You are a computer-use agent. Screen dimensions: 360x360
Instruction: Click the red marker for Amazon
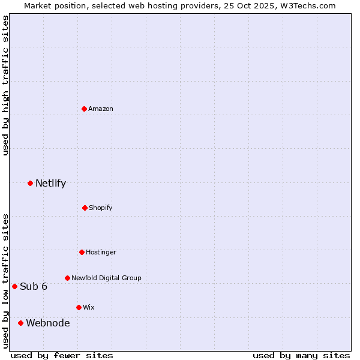85,109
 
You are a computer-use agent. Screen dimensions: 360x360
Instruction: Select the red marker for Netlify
31,183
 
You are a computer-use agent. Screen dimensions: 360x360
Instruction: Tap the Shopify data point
85,208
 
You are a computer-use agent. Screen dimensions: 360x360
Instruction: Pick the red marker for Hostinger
82,252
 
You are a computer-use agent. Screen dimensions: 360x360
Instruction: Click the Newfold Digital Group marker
67,278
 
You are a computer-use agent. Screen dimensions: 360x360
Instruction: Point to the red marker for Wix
79,307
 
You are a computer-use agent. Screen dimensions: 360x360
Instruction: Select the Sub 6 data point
14,286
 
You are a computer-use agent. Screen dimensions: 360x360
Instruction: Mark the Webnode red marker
21,323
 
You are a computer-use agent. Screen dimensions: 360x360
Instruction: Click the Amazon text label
101,109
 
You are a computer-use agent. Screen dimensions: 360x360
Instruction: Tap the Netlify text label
50,183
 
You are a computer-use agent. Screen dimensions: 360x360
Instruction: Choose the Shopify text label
101,208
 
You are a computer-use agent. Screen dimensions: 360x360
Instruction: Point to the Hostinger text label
101,252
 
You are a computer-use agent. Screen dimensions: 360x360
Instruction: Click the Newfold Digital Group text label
106,278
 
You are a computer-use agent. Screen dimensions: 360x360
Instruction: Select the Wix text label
89,307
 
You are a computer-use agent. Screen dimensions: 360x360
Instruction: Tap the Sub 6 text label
34,286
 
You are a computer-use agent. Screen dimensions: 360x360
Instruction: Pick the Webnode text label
47,323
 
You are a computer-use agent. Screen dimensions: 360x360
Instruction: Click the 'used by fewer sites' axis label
62,355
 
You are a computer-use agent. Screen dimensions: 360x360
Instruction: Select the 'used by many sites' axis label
301,355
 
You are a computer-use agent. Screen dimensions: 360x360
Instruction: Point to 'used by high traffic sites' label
5,85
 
